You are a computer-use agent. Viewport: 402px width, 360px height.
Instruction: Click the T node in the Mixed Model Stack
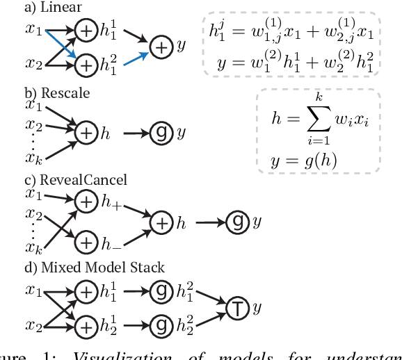click(236, 306)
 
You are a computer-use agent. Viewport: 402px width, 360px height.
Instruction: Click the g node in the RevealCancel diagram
click(236, 222)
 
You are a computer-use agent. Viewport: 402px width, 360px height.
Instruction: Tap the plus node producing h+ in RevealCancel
click(86, 202)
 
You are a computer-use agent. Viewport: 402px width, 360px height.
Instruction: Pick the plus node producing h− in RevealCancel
click(86, 243)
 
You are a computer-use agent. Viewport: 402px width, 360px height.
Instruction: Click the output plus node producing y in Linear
click(161, 48)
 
